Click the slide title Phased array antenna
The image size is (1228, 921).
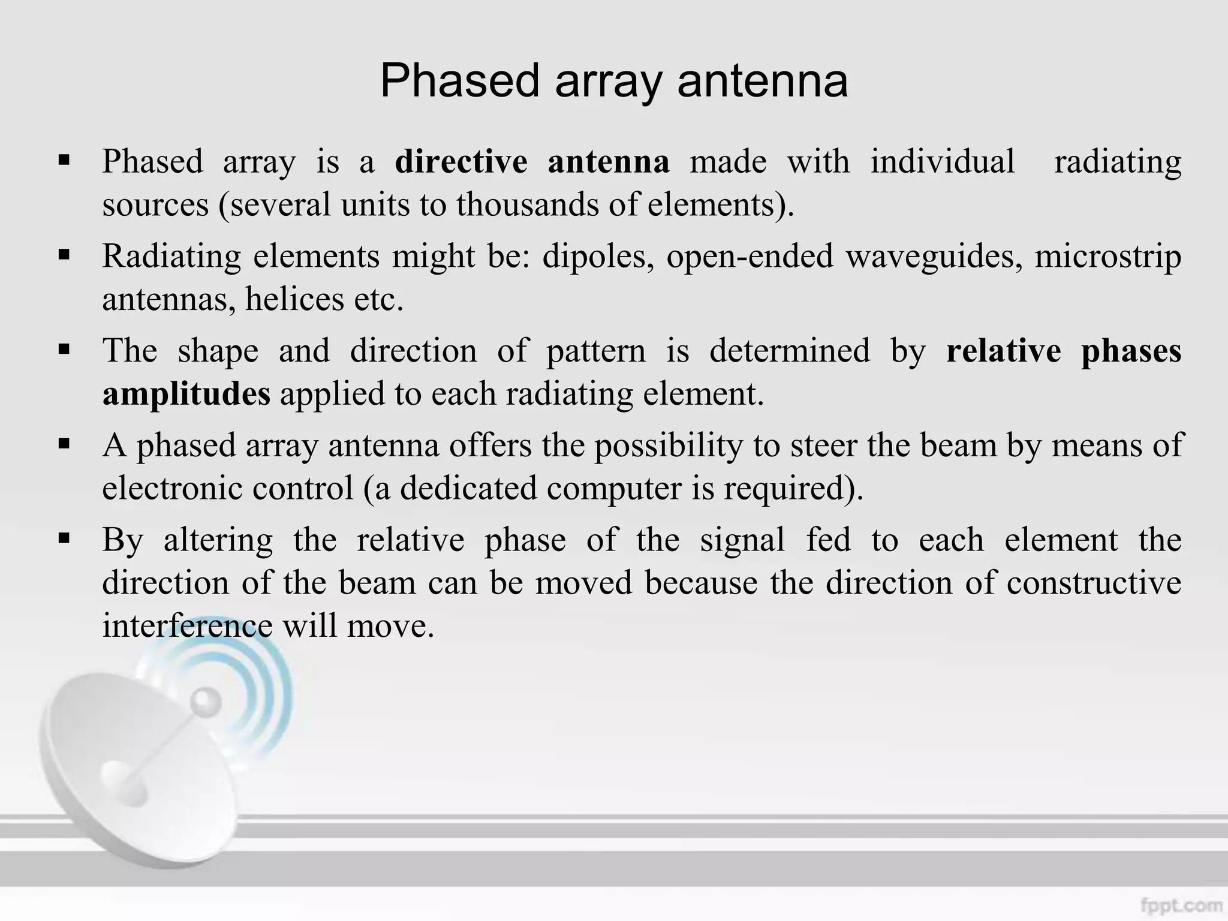click(x=614, y=81)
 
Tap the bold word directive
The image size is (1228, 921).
click(x=461, y=162)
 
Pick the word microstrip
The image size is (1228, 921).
click(x=1107, y=257)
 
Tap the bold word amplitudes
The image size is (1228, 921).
click(x=186, y=394)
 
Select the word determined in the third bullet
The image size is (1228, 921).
click(x=789, y=351)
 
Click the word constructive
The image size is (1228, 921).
click(x=1094, y=583)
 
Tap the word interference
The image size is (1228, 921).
click(x=187, y=626)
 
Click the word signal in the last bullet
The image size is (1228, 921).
click(x=742, y=540)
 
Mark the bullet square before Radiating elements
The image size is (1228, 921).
click(x=64, y=255)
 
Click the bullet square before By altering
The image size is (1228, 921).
click(x=64, y=538)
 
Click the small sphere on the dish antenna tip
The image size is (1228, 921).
click(x=207, y=701)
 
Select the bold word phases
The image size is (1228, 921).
click(x=1131, y=351)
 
